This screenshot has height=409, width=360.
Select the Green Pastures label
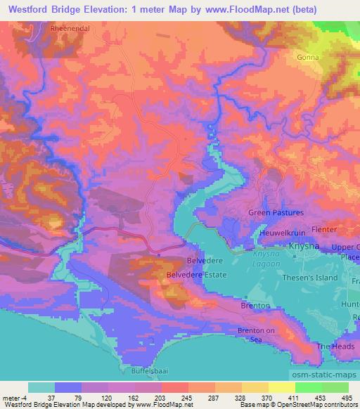tap(276, 212)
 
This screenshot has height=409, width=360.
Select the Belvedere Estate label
tap(196, 275)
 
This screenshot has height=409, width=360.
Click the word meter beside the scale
tap(9, 397)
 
